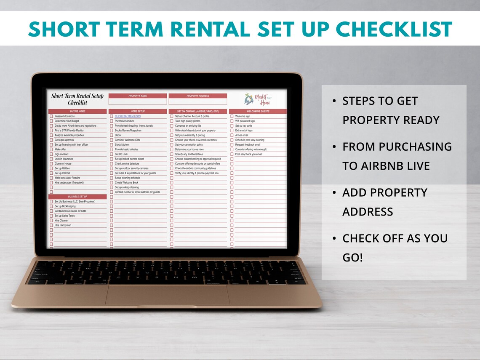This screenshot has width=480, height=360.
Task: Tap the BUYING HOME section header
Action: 77,112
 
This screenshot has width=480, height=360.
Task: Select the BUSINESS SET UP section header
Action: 77,197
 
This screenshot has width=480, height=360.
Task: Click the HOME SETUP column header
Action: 138,112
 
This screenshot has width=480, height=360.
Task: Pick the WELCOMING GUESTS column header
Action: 258,112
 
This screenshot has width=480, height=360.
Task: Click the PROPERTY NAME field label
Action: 138,96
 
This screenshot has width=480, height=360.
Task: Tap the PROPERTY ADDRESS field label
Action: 197,96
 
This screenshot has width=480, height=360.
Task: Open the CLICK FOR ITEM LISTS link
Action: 128,116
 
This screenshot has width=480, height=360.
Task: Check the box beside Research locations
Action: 51,116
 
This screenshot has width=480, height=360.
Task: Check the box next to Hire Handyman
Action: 51,225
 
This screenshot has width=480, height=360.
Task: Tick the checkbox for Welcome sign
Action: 232,116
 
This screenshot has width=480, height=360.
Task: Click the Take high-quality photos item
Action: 187,121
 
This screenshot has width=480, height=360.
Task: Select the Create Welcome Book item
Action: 126,183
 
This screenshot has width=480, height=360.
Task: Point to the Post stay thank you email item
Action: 248,154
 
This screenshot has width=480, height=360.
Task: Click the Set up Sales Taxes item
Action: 64,216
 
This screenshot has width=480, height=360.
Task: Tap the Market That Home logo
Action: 258,99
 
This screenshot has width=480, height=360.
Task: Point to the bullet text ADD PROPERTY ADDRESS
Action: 384,202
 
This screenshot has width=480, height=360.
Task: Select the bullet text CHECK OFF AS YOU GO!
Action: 395,248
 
